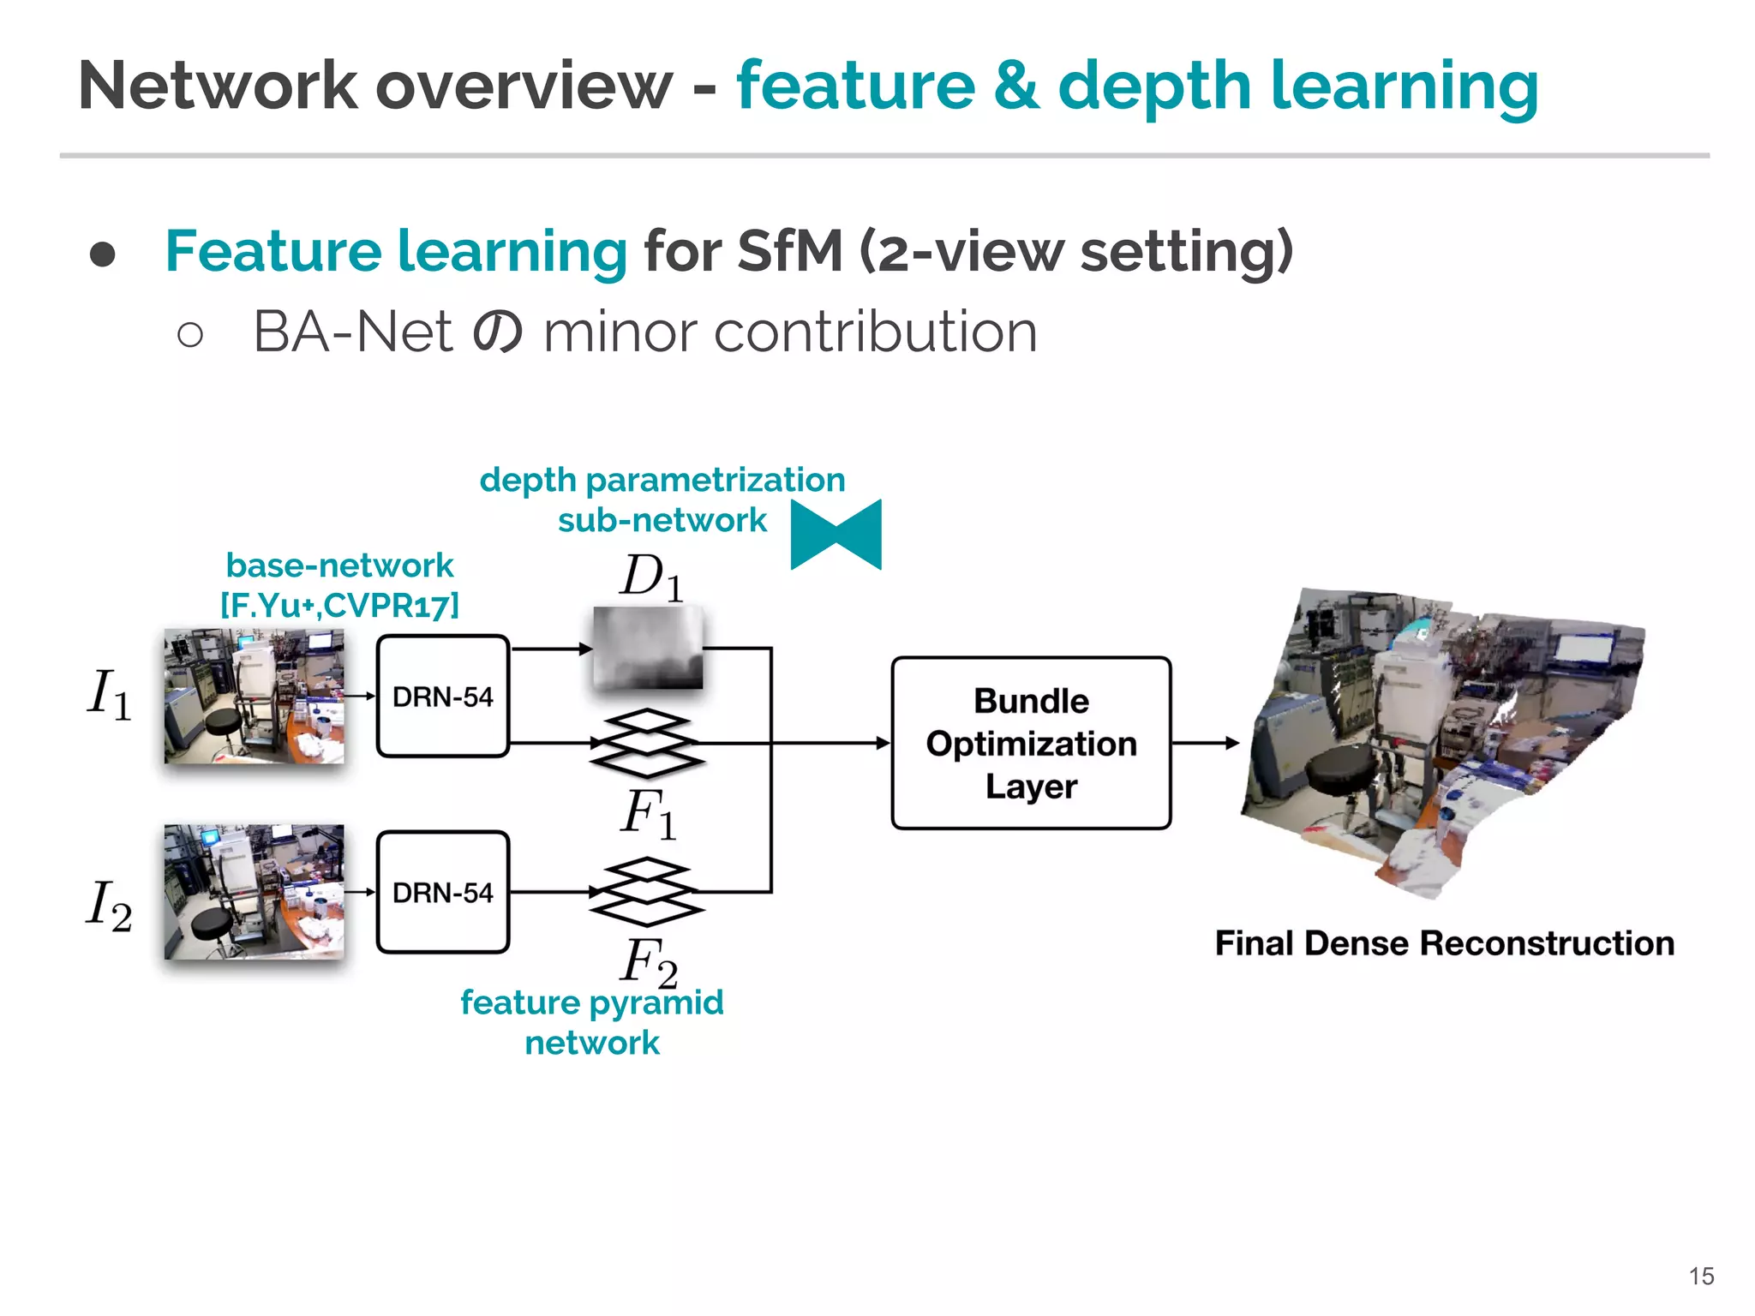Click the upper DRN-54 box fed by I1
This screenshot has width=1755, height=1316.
coord(443,696)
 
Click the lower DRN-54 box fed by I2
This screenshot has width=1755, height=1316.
coord(443,892)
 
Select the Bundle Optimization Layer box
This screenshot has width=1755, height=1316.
coord(1031,743)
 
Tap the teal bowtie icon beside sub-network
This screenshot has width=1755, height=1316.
coord(836,535)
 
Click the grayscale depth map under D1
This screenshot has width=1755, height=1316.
coord(648,647)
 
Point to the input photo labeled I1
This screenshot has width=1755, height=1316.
coord(254,696)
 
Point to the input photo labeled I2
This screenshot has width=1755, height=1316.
coord(254,892)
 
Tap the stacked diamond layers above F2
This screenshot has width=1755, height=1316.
coord(647,892)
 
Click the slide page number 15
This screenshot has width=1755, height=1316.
coord(1701,1276)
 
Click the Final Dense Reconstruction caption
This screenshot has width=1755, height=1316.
coord(1444,943)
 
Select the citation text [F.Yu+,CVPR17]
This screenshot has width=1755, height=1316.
coord(340,605)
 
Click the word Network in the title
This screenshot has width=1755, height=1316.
coord(218,86)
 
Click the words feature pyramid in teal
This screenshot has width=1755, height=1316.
coord(591,1002)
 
